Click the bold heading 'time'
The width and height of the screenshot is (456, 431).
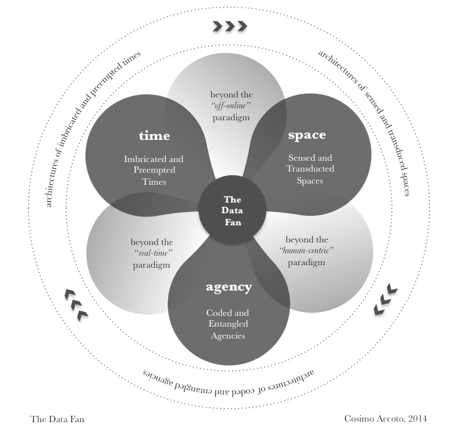pyautogui.click(x=155, y=136)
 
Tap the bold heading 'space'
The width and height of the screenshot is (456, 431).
pyautogui.click(x=307, y=135)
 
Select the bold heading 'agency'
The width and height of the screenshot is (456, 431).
pyautogui.click(x=229, y=287)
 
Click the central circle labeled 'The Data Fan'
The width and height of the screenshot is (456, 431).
pyautogui.click(x=233, y=211)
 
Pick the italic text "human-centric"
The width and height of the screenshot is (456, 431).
pyautogui.click(x=306, y=251)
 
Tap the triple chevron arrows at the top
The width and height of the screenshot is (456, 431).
pyautogui.click(x=229, y=26)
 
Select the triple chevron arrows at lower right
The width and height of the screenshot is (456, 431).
pyautogui.click(x=385, y=299)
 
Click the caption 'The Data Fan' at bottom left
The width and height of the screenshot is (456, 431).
pyautogui.click(x=57, y=419)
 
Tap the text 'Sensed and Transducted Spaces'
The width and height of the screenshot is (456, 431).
pyautogui.click(x=311, y=169)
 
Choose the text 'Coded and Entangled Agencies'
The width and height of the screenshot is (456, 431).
pyautogui.click(x=228, y=324)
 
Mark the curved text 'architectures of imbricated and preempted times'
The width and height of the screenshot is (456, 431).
pyautogui.click(x=89, y=120)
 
